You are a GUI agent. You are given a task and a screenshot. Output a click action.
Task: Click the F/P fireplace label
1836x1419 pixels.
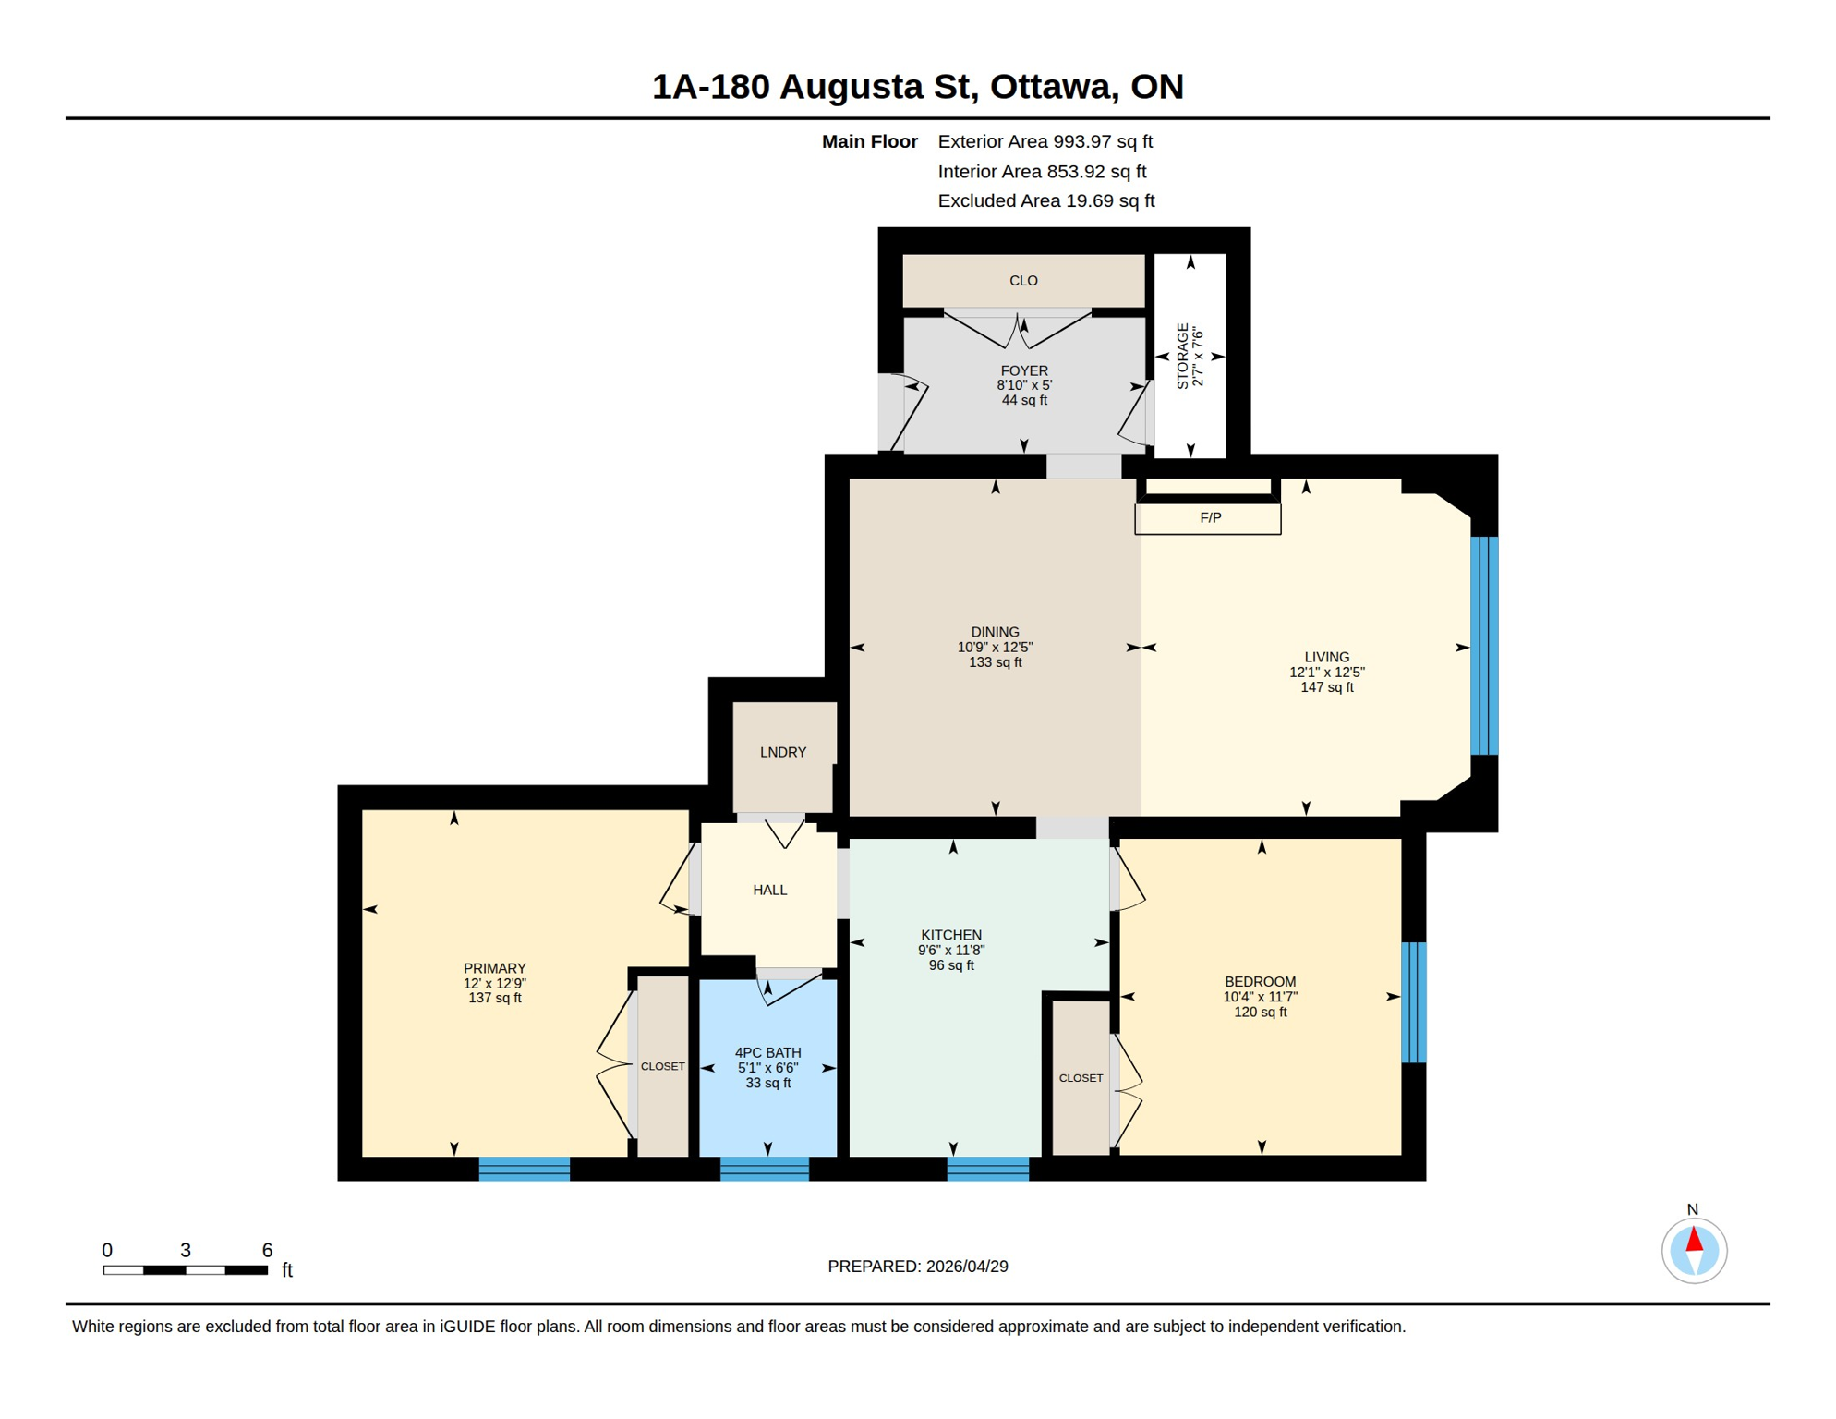(1210, 518)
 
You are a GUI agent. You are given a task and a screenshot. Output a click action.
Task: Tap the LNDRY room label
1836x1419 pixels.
(783, 752)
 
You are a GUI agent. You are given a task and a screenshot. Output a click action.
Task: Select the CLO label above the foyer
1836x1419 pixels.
(1023, 281)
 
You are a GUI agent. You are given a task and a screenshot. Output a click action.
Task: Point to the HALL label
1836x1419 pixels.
(769, 890)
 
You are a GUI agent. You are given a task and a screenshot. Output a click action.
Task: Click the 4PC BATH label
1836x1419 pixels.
(767, 1052)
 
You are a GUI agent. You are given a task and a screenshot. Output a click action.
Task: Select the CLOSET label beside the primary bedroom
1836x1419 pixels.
(662, 1066)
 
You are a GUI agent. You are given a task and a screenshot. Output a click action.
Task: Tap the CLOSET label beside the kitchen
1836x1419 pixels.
(1081, 1078)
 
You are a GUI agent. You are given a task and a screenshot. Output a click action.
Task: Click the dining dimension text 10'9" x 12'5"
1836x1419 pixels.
(995, 648)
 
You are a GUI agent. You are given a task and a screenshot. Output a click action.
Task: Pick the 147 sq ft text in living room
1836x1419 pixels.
(1326, 687)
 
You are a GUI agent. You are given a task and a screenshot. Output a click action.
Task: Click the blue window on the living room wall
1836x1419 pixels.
(1483, 646)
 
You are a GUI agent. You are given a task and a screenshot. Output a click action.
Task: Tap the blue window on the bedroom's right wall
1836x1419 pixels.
(1413, 1002)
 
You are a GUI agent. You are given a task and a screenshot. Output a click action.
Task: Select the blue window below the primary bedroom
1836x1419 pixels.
(524, 1169)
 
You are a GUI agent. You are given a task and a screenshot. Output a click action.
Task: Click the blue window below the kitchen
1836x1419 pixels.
(987, 1169)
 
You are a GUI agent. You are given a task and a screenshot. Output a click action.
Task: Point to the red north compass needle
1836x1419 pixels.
(1694, 1240)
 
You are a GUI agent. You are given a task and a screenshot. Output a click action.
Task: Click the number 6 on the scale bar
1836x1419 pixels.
(267, 1250)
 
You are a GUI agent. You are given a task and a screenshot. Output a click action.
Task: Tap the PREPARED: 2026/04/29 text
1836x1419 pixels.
(917, 1267)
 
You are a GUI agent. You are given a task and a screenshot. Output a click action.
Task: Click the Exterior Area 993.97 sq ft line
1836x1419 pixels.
(1045, 141)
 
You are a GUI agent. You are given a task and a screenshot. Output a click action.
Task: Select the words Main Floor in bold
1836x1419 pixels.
(869, 141)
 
